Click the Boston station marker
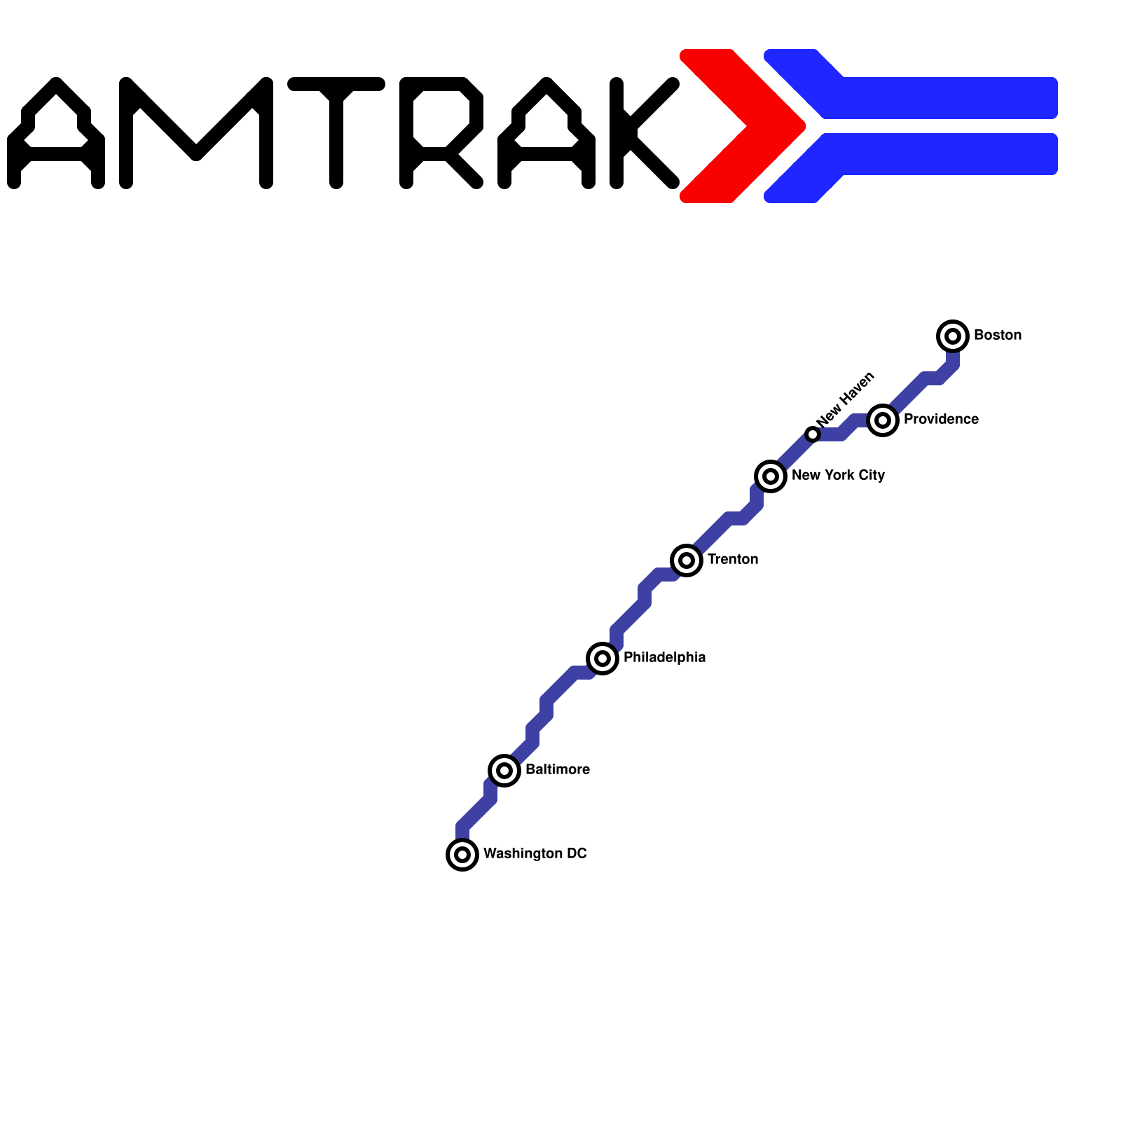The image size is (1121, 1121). pos(953,336)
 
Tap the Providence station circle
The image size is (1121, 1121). pos(883,420)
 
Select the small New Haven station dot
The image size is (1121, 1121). pos(813,434)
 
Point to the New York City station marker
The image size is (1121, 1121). pos(771,476)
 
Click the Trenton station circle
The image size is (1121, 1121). pos(687,560)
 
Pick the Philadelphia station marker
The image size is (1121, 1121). pos(603,659)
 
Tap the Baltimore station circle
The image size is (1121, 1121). pos(504,771)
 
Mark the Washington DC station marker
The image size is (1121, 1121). pos(462,855)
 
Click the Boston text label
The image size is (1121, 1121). pos(997,336)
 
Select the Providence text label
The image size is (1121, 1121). pos(941,420)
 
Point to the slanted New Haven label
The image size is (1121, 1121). pos(846,399)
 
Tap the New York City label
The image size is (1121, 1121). pos(838,476)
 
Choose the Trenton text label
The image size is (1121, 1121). pos(732,560)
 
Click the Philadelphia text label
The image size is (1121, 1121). pos(664,658)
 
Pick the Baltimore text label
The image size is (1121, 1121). pos(557,770)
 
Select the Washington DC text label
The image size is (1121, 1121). pos(535,854)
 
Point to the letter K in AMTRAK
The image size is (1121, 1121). pos(638,133)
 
